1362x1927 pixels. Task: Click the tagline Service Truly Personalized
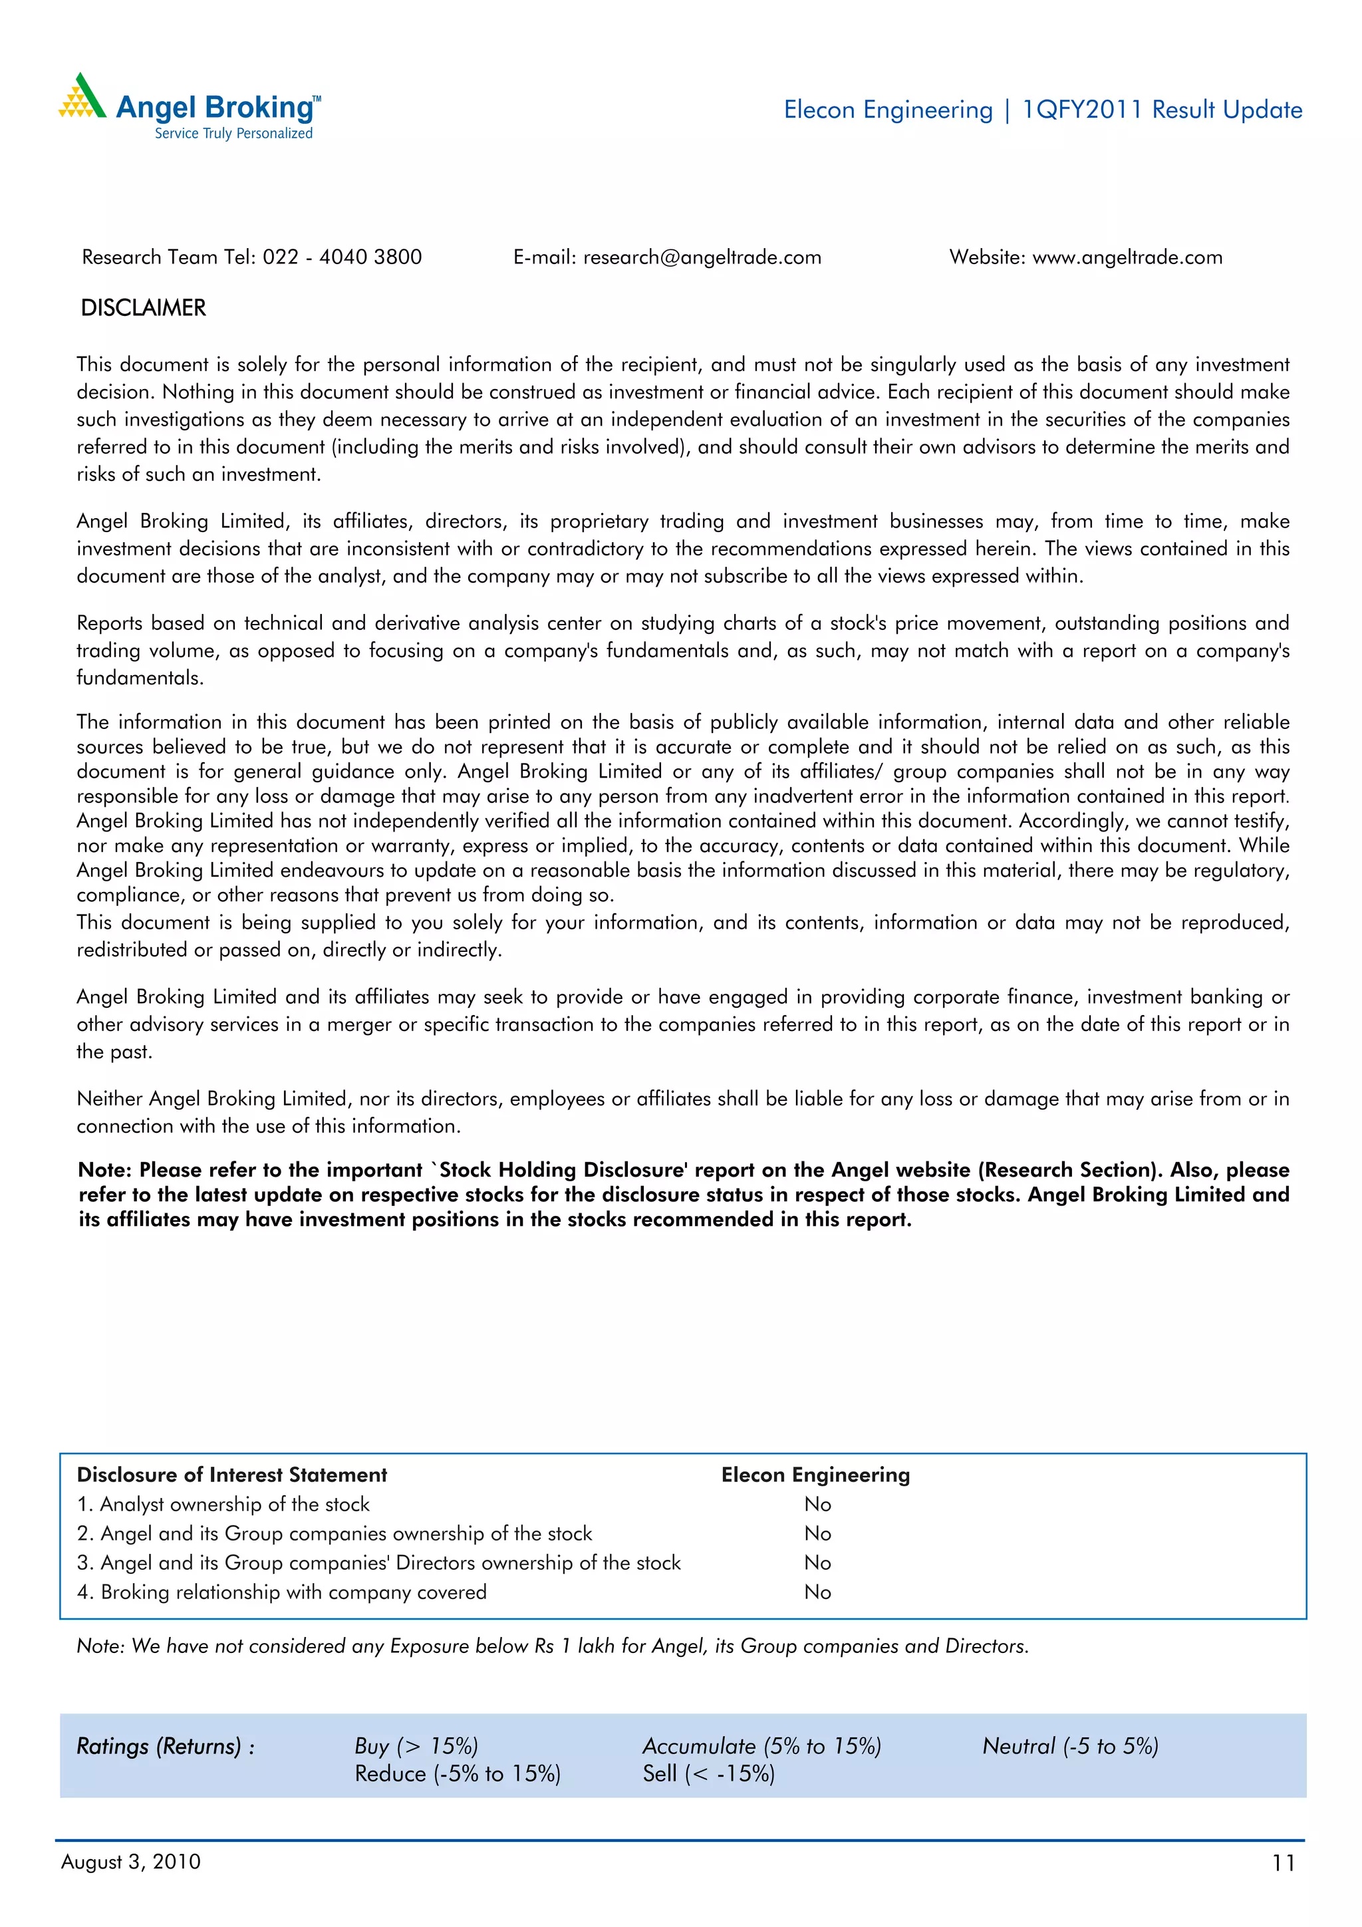click(233, 134)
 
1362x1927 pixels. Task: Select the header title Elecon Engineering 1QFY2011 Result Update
click(1042, 110)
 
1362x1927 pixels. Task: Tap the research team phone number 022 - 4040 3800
click(342, 257)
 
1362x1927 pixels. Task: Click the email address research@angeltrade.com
click(702, 257)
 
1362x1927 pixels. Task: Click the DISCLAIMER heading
click(143, 308)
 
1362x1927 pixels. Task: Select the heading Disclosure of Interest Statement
click(231, 1475)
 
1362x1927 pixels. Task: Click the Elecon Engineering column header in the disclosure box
click(815, 1475)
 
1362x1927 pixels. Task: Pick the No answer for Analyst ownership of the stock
click(817, 1504)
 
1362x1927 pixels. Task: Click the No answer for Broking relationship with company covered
click(817, 1592)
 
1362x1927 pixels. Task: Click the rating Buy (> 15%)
click(416, 1747)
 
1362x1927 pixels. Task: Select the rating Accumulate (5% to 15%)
click(761, 1747)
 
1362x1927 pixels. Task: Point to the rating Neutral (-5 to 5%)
click(1070, 1747)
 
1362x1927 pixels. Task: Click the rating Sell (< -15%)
click(708, 1774)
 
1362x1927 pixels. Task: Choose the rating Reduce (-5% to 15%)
click(458, 1774)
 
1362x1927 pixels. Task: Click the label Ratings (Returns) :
click(166, 1747)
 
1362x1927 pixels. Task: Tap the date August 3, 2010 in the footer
click(131, 1862)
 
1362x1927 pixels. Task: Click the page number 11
click(1283, 1863)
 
